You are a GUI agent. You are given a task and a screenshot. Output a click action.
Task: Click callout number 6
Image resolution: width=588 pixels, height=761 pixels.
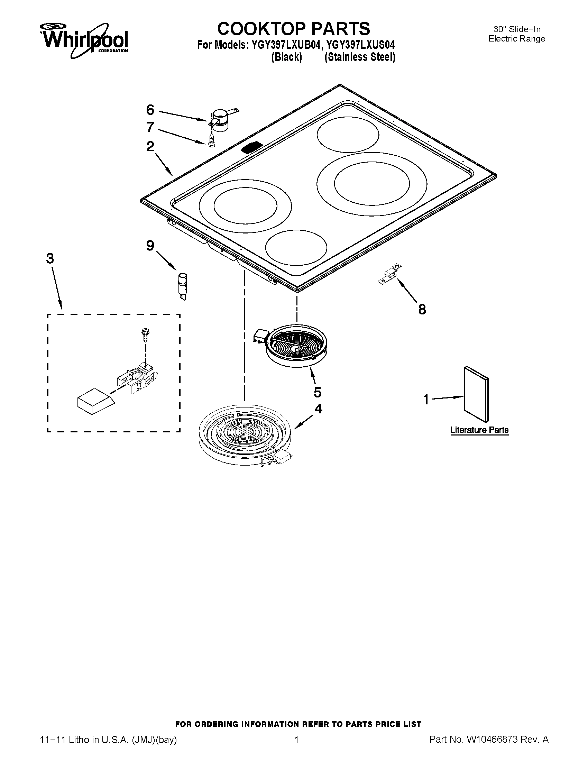[x=150, y=110]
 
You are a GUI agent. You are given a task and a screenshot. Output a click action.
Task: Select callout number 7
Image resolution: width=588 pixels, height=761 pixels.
[x=150, y=127]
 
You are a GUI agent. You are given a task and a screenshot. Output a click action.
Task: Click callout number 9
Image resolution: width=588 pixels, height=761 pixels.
[x=150, y=246]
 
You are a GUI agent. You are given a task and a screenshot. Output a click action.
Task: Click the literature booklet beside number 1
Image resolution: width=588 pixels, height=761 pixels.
[x=476, y=394]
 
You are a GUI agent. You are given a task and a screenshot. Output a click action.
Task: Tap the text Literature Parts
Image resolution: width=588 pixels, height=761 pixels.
[x=479, y=430]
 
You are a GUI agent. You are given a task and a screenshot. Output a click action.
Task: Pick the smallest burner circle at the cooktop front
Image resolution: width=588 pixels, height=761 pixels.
[x=296, y=247]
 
